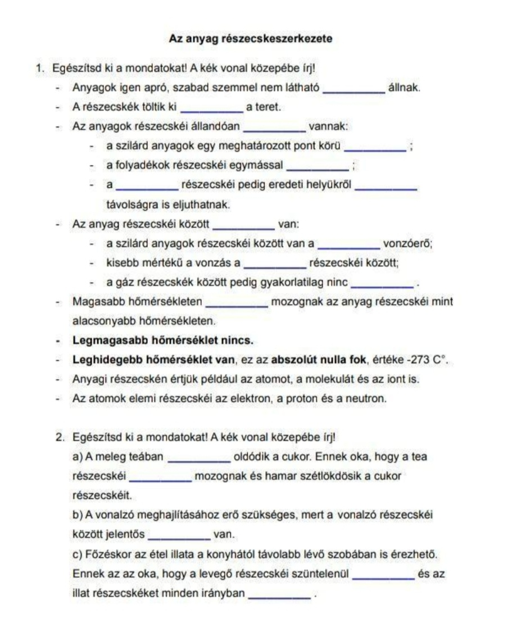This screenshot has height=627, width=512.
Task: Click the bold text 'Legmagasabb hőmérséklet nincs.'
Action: coord(163,340)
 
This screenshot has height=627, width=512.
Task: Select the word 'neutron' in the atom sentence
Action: coord(370,398)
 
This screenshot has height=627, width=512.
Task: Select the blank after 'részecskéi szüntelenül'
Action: coord(384,575)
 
